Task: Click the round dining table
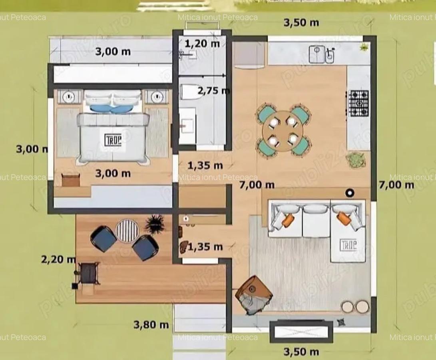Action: [283, 131]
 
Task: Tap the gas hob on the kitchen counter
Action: [358, 103]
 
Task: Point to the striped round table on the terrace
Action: [127, 231]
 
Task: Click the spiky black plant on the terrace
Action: [154, 223]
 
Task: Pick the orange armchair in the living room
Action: [254, 294]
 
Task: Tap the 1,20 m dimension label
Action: [202, 43]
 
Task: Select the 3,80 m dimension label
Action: [151, 324]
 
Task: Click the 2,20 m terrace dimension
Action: [58, 259]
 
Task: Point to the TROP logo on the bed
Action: [113, 140]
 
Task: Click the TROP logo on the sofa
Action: [348, 245]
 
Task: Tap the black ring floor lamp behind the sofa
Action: [350, 193]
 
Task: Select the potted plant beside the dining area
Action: [354, 160]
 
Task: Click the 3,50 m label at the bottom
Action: [301, 352]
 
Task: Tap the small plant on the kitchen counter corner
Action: [364, 47]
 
